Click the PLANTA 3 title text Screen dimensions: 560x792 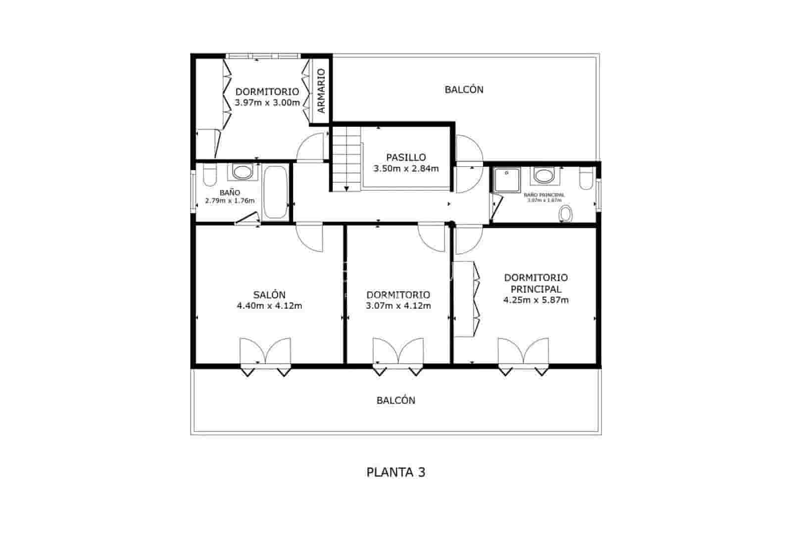click(x=396, y=472)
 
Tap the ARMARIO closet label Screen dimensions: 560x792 click(x=321, y=91)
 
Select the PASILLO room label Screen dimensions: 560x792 click(x=406, y=157)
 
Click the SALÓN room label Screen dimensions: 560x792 click(x=269, y=295)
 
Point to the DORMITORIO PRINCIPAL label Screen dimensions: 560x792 click(x=536, y=283)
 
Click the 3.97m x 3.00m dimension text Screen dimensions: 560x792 click(x=267, y=103)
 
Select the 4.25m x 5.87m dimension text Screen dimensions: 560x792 click(x=536, y=300)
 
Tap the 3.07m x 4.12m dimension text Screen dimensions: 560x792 click(x=398, y=306)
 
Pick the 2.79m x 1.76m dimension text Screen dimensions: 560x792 click(x=230, y=200)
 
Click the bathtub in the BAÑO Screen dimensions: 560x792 click(x=275, y=192)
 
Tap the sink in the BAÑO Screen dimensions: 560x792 click(x=242, y=172)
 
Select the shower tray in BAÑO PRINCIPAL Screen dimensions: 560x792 click(x=505, y=179)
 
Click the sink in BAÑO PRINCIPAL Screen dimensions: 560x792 click(x=544, y=175)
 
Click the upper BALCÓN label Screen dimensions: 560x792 click(x=464, y=90)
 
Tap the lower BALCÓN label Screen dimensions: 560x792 click(x=396, y=400)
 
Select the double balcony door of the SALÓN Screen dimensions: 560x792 click(x=265, y=353)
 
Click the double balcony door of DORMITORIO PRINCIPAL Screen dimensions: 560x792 click(x=523, y=353)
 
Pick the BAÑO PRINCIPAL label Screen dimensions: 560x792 click(x=544, y=195)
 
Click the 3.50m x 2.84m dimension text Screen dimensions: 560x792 click(x=406, y=168)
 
